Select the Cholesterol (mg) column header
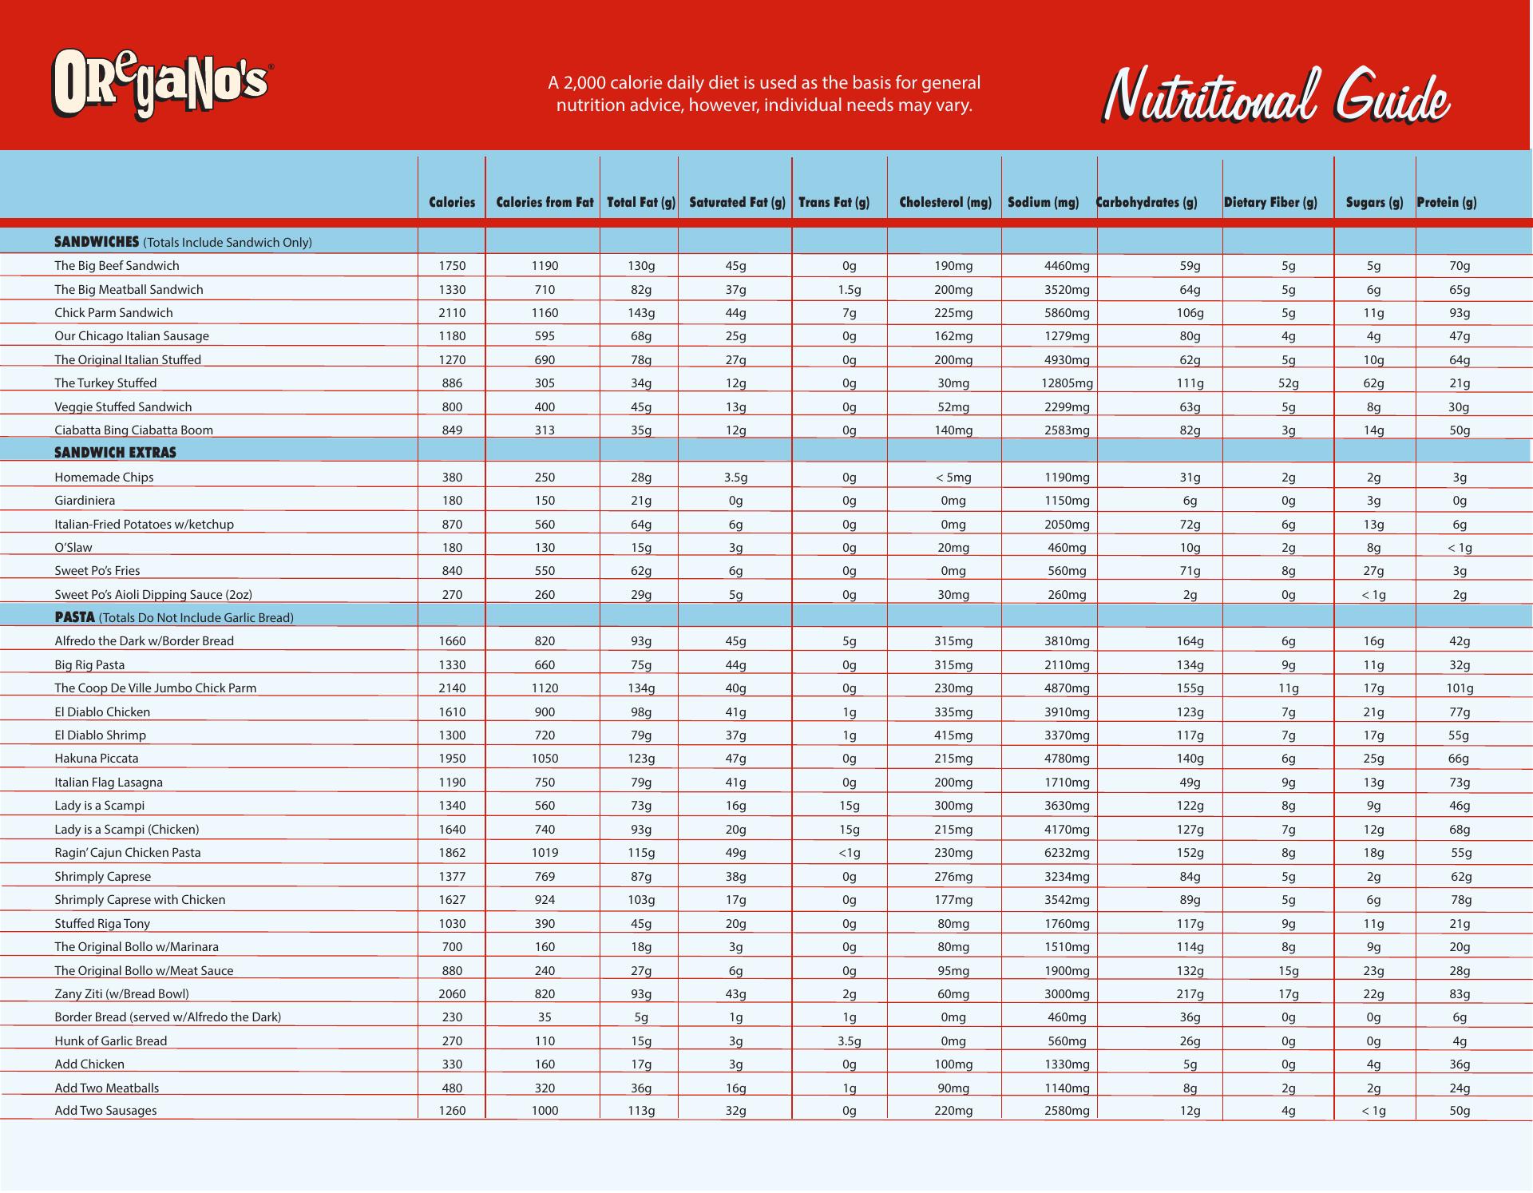(945, 203)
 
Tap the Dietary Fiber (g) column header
(1270, 203)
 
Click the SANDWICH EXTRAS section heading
(115, 453)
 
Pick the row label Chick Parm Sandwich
(113, 313)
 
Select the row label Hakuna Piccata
(97, 759)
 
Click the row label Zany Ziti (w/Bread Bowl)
(121, 994)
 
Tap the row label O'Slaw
(73, 548)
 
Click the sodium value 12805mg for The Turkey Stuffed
(1067, 383)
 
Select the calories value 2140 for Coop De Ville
(452, 688)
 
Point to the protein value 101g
(1460, 688)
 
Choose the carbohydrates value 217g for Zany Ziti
(1190, 994)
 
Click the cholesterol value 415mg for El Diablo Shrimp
(953, 735)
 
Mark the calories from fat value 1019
(545, 853)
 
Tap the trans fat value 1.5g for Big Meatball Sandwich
(849, 290)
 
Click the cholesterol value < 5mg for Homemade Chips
(953, 478)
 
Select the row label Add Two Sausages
(105, 1111)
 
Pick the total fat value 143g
(641, 313)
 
